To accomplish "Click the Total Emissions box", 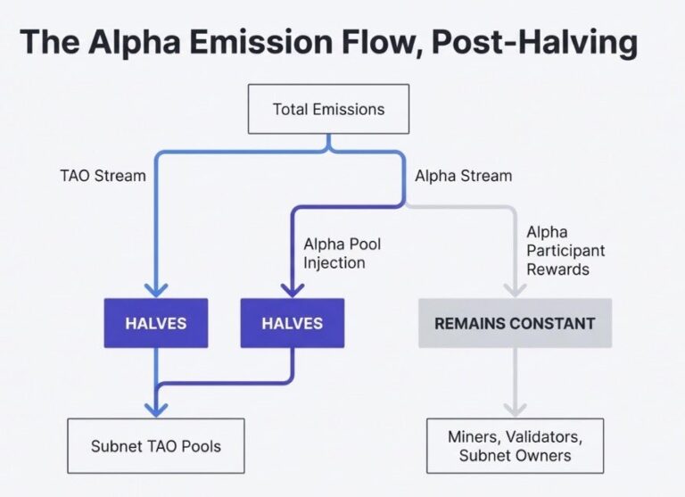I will click(x=328, y=109).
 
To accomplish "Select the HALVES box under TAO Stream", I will click(x=156, y=323).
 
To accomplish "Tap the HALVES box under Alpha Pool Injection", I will click(x=293, y=323).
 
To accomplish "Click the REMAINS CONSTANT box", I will click(x=515, y=323).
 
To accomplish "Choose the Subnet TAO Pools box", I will click(x=156, y=445).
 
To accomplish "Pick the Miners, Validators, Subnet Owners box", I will click(x=515, y=445).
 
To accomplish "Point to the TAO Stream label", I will click(x=103, y=176).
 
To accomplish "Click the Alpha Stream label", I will click(x=463, y=176).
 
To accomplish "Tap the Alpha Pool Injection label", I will click(x=334, y=253).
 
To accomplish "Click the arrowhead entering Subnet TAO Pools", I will click(x=156, y=409).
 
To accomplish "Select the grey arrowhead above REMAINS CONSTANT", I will click(x=515, y=287).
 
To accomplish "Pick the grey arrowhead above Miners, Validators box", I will click(x=515, y=409).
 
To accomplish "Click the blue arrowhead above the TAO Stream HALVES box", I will click(x=156, y=287).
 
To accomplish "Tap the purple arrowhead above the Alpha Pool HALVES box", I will click(x=293, y=287).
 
